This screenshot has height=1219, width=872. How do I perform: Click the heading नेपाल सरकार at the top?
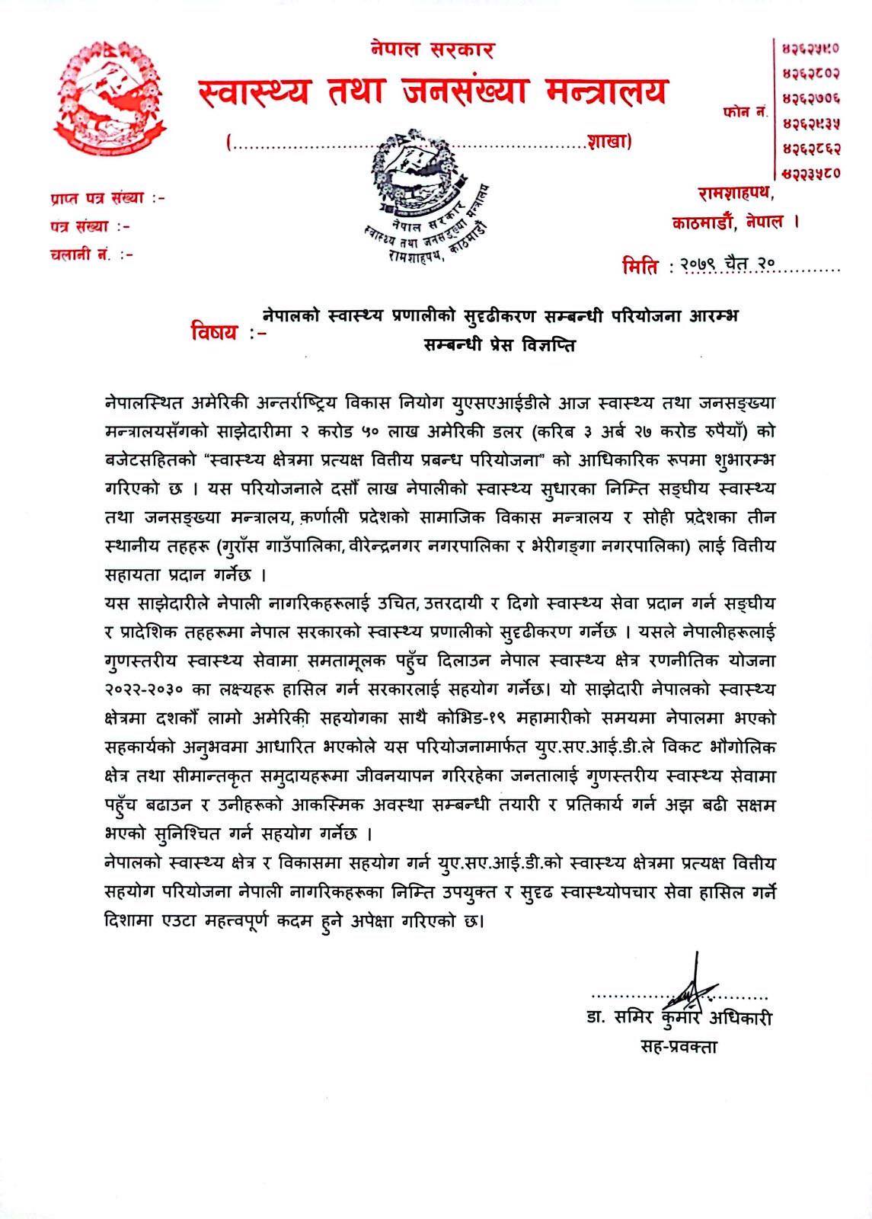click(x=433, y=51)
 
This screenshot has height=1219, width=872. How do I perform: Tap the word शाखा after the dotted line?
click(x=608, y=141)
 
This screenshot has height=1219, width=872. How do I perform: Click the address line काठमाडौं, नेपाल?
click(x=735, y=222)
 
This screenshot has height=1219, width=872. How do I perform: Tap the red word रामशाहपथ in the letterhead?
click(x=736, y=195)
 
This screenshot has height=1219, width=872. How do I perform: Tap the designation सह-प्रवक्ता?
click(x=679, y=1046)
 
